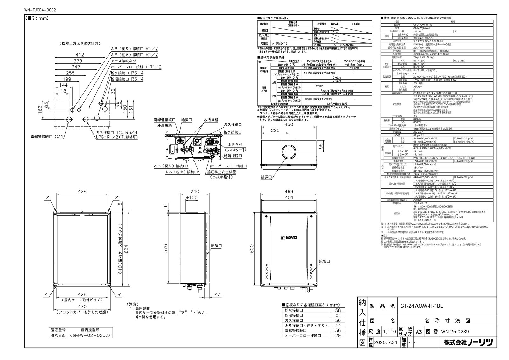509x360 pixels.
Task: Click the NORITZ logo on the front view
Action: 289,237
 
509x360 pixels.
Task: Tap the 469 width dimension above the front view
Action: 289,192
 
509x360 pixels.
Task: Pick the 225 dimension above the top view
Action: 275,131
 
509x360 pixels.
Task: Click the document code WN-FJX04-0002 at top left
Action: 40,10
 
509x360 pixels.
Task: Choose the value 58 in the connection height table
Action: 338,310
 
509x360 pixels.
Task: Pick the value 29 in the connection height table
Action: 338,335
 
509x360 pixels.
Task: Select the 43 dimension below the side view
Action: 218,294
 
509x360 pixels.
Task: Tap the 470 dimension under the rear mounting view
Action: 82,307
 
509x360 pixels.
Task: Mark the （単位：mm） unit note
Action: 37,19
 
